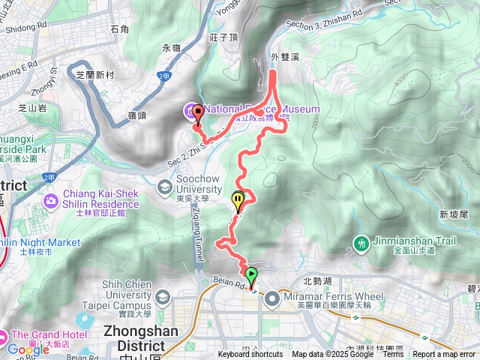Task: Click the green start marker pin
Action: (x=251, y=276)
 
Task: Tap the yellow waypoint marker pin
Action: (x=238, y=201)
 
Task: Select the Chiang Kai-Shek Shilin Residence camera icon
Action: (x=51, y=199)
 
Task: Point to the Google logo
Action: (x=27, y=349)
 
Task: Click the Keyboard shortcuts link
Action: (x=250, y=355)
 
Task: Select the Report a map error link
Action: (x=444, y=355)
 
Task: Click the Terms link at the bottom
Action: (x=393, y=355)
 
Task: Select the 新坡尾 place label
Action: (x=453, y=214)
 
